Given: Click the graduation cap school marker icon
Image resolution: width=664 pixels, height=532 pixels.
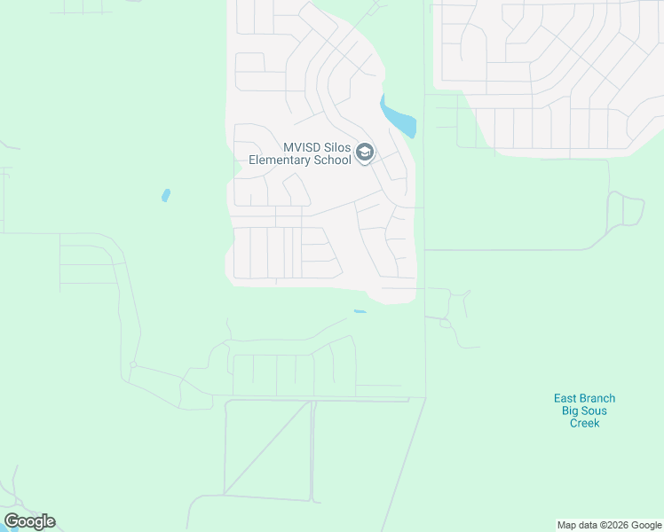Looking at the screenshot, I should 364,153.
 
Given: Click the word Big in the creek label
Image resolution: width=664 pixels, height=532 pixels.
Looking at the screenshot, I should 571,411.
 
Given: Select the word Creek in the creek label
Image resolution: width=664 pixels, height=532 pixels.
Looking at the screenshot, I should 584,423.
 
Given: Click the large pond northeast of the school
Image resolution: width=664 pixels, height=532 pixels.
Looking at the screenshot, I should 398,116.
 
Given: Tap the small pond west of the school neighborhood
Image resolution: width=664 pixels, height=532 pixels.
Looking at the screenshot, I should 166,195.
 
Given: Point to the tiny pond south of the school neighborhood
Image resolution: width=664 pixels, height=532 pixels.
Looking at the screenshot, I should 360,311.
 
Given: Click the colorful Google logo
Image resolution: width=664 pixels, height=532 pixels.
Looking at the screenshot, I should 29,521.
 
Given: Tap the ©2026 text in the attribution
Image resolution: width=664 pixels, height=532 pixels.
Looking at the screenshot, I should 614,525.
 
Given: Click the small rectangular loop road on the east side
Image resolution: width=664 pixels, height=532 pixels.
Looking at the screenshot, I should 633,211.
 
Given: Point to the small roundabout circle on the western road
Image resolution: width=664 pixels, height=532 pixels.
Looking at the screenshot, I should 132,364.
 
